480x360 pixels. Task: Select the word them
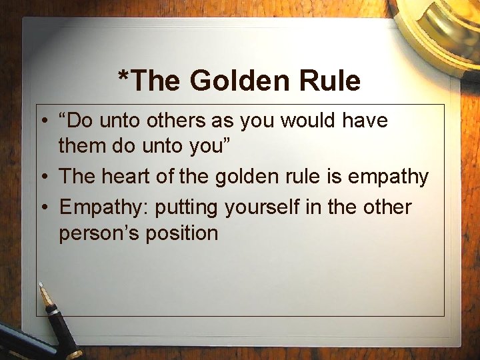[x=83, y=144]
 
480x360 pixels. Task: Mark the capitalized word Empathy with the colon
[x=104, y=207]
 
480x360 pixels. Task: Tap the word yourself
[x=263, y=207]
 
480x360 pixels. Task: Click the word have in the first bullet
[x=369, y=121]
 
